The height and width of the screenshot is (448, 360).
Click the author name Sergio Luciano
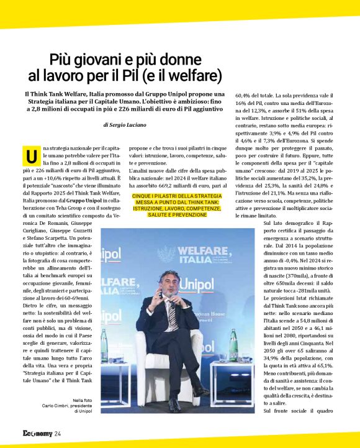(x=133, y=125)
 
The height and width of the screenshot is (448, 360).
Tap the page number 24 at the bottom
(x=57, y=433)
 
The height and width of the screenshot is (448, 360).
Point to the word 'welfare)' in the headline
(x=197, y=76)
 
